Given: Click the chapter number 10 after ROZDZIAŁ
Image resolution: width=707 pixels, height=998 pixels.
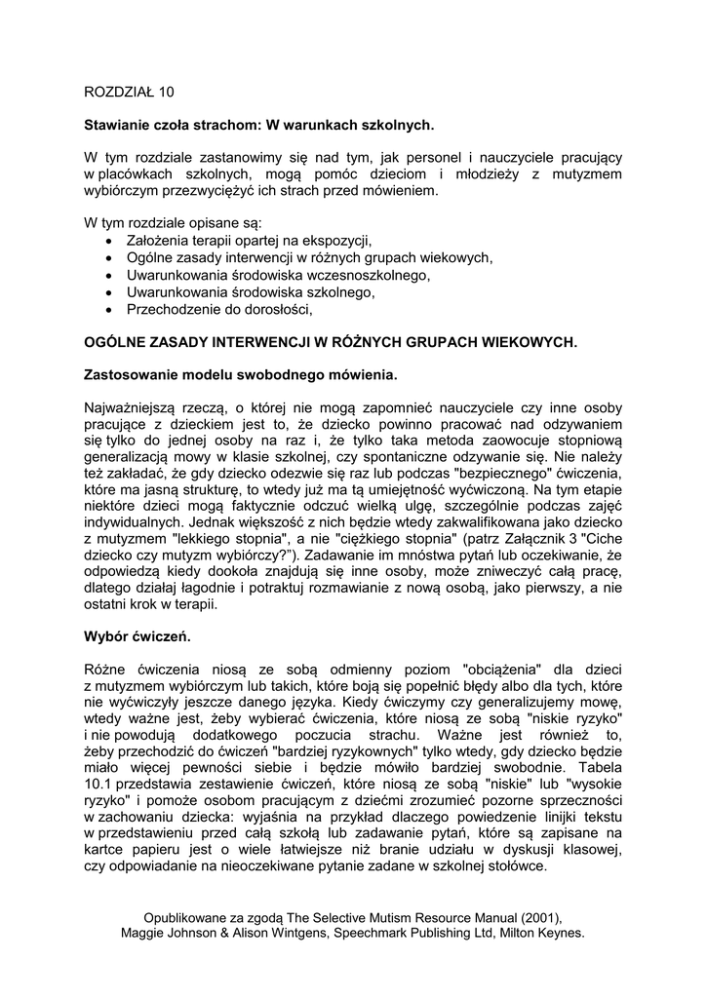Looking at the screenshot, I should pos(167,93).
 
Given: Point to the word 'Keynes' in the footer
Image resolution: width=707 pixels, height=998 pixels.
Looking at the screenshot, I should pos(560,933).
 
